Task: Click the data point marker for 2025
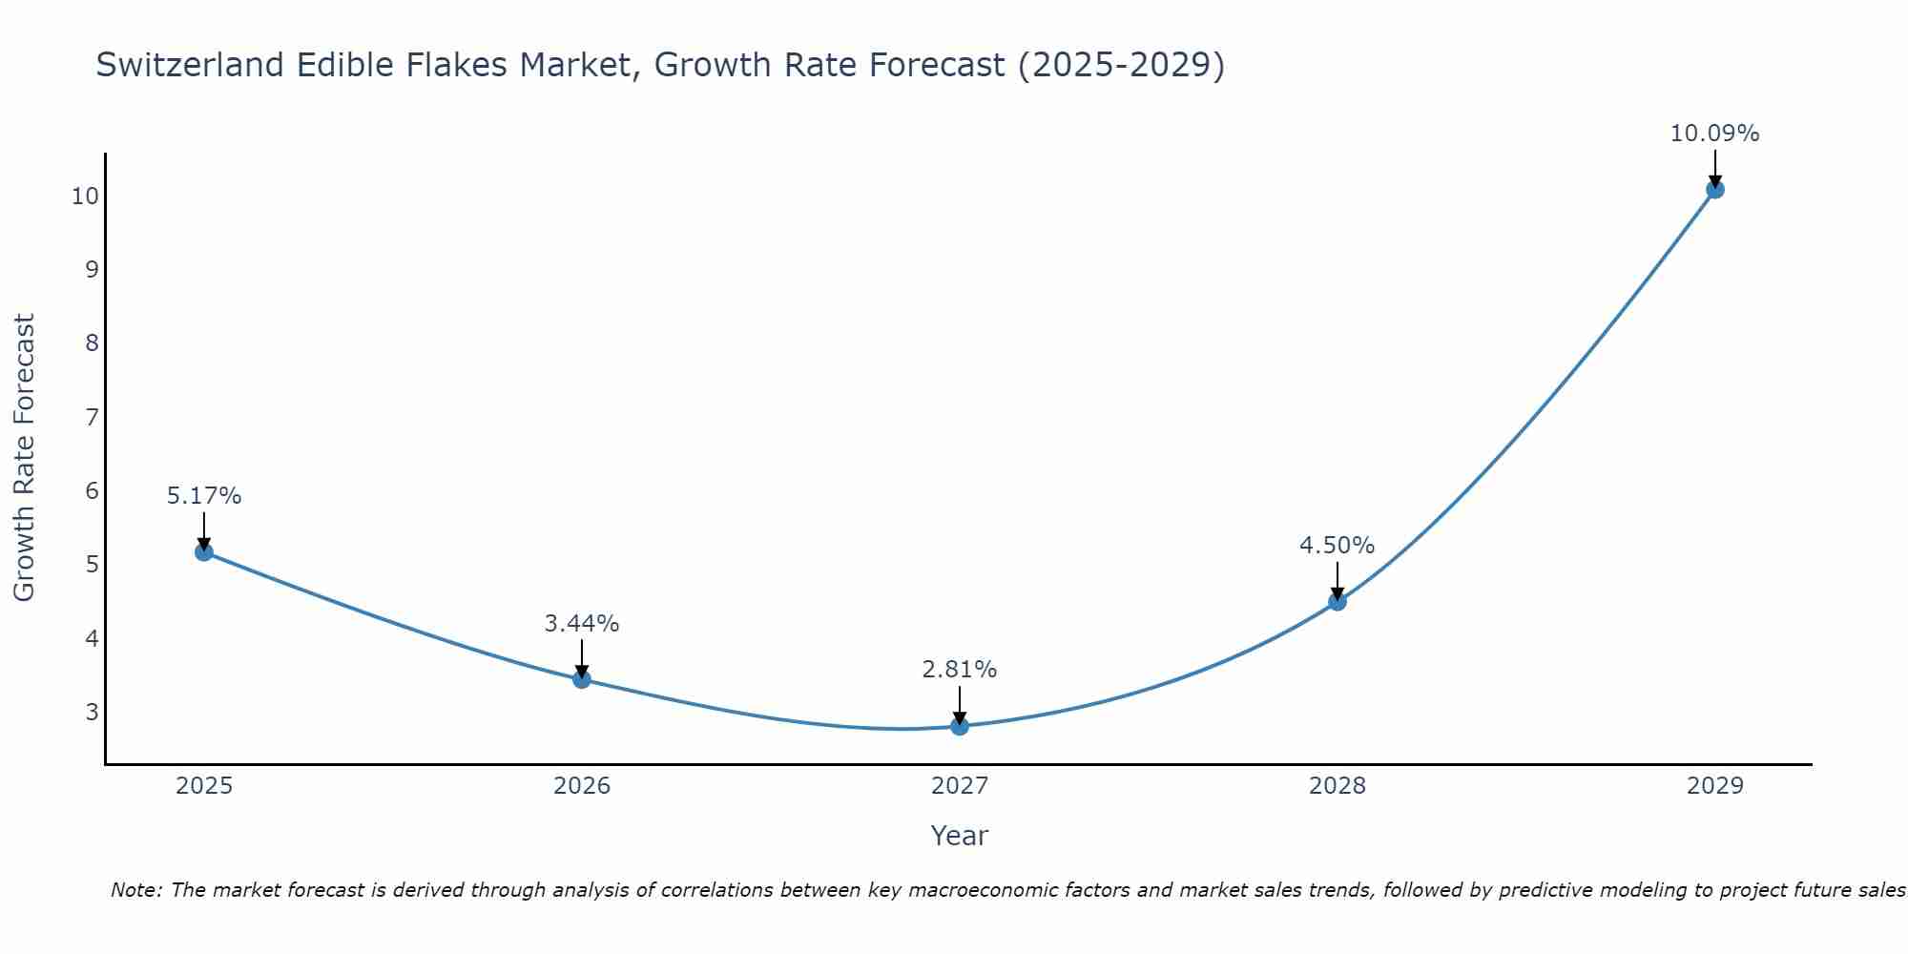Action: (x=204, y=551)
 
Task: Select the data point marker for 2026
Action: (x=582, y=679)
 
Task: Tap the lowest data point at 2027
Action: (x=960, y=726)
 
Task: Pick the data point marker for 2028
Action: (x=1338, y=601)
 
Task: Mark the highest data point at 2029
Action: (x=1714, y=189)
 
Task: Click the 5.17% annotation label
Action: (x=204, y=496)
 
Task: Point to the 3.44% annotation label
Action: (x=582, y=624)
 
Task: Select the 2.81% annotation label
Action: (x=960, y=670)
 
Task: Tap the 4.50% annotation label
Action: (x=1338, y=546)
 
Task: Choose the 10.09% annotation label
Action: (x=1714, y=134)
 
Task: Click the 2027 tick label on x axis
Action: (x=960, y=786)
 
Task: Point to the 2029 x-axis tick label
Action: (x=1714, y=786)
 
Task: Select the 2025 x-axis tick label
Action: (x=204, y=786)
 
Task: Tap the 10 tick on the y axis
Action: (x=85, y=197)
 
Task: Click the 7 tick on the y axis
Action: (x=92, y=417)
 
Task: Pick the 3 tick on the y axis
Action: (x=92, y=712)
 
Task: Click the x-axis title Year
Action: (x=960, y=836)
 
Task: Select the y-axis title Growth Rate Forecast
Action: (x=25, y=457)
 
